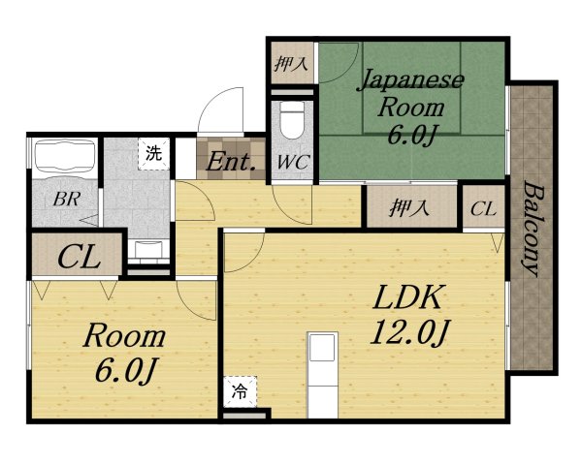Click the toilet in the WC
click(x=292, y=120)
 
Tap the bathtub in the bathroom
click(x=65, y=156)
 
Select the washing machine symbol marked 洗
click(x=153, y=153)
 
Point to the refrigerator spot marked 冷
click(x=240, y=391)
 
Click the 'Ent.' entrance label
click(x=231, y=162)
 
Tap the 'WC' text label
click(x=294, y=162)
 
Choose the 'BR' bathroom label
click(x=67, y=200)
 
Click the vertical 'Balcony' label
click(x=534, y=229)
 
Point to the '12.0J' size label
click(x=409, y=331)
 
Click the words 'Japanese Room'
click(x=411, y=93)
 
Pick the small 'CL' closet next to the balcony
click(x=483, y=209)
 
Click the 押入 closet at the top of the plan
click(x=291, y=64)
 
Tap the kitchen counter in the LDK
click(x=323, y=375)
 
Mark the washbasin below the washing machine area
click(x=148, y=249)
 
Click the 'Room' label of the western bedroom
click(x=124, y=336)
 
